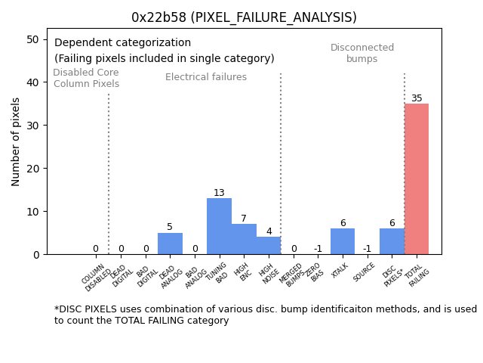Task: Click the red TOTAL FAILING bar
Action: pos(416,179)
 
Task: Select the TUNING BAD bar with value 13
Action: pos(219,226)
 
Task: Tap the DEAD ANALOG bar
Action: pos(170,244)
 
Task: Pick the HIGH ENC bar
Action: pos(244,239)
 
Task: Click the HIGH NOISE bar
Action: pos(268,246)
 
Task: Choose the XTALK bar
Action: pos(342,241)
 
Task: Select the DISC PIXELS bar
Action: pos(392,241)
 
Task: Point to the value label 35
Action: pos(417,98)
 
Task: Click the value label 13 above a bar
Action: pos(219,193)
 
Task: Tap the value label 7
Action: pos(244,219)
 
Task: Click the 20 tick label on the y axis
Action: pos(33,168)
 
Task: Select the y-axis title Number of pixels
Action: pos(16,141)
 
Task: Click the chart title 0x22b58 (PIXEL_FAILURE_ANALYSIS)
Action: pos(244,17)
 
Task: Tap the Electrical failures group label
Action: pos(206,77)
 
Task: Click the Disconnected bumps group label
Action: pos(362,53)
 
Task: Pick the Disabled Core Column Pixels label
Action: pos(86,78)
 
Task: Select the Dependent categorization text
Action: pos(122,43)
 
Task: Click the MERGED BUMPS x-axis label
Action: pos(292,274)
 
